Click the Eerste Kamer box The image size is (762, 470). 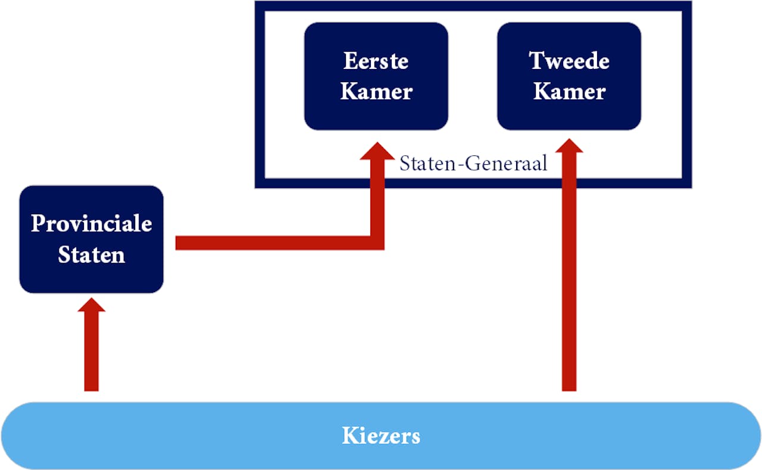tap(376, 76)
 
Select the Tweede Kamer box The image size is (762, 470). tap(569, 76)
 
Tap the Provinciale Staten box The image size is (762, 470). tap(91, 239)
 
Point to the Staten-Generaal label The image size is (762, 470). tap(473, 164)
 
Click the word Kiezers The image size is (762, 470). tap(381, 436)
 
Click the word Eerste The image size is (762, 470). tap(376, 61)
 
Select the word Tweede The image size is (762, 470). tap(569, 61)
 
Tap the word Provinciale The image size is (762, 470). tap(91, 224)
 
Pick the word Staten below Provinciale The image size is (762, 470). tap(91, 255)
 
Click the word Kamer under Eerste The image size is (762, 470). tap(376, 92)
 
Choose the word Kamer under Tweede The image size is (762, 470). tap(569, 92)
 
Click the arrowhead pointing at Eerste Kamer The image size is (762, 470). tap(377, 151)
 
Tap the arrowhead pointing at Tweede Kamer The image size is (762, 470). tap(569, 146)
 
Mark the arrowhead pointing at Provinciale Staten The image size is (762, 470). tap(91, 305)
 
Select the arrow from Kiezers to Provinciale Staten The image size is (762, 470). tap(91, 351)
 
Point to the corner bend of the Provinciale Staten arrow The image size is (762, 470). tap(377, 243)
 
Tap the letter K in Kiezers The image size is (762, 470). tap(349, 436)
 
